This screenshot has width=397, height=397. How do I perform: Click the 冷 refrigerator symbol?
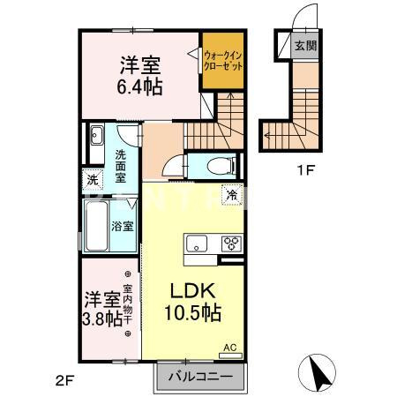[x=231, y=195]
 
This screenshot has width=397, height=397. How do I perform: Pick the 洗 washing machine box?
[x=93, y=180]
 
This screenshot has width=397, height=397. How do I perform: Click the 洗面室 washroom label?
[x=123, y=166]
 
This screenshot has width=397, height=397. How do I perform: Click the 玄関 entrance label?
[x=306, y=46]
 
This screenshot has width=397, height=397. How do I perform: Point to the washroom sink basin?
[x=95, y=137]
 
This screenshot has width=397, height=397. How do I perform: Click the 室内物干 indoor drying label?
[x=128, y=305]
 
